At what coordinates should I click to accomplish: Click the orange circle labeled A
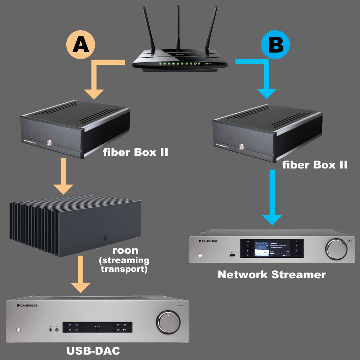[x=81, y=46]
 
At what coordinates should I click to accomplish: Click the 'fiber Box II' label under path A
[x=135, y=152]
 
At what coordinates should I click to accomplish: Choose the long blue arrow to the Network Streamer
[x=273, y=202]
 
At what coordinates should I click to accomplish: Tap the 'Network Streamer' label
[x=272, y=275]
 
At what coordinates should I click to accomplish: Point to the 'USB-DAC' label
[x=93, y=350]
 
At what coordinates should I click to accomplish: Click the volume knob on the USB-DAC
[x=168, y=321]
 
